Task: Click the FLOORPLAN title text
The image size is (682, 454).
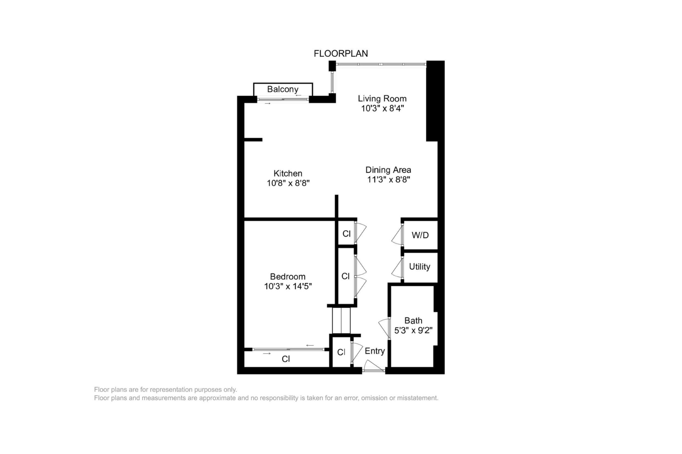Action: tap(341, 54)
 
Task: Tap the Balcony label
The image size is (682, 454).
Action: tap(283, 89)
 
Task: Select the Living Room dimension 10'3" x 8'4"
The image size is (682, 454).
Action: tap(382, 109)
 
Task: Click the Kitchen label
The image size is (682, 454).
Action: tap(288, 174)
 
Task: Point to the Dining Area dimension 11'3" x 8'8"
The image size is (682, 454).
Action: tap(389, 180)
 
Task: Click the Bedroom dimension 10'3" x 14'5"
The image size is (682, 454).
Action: tap(288, 286)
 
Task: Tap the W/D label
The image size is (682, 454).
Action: tap(420, 235)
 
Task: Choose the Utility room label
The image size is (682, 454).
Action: tap(419, 267)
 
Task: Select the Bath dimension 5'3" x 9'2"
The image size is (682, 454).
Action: tap(413, 331)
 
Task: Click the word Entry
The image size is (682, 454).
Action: tap(375, 351)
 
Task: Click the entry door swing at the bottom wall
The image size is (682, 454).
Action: tap(373, 366)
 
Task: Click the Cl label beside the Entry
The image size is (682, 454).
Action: tap(341, 352)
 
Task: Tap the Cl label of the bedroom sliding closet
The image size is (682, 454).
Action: tap(286, 359)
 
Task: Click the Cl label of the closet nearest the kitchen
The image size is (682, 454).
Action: tap(346, 234)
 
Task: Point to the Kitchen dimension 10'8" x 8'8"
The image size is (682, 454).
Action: tap(288, 183)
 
